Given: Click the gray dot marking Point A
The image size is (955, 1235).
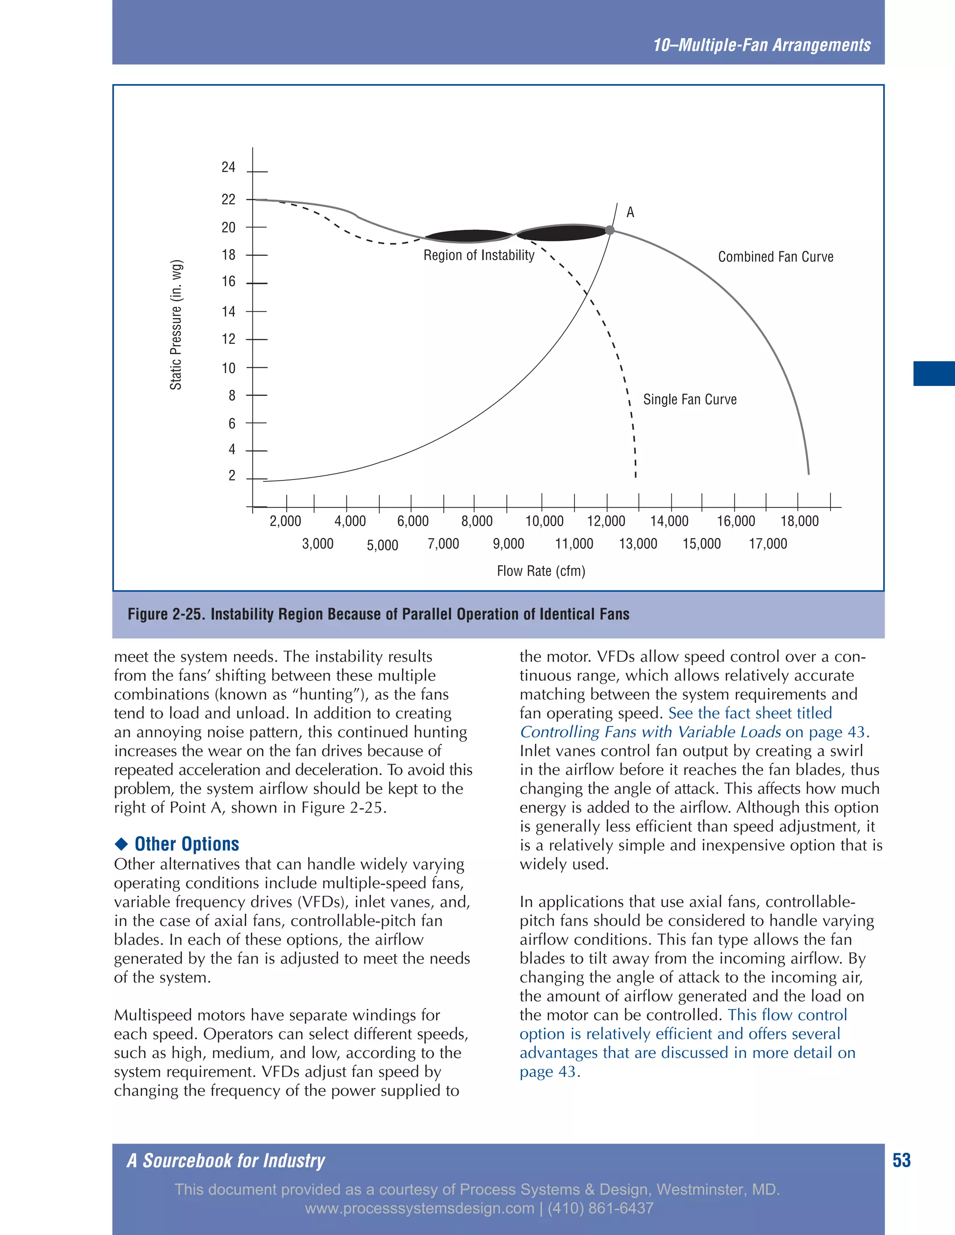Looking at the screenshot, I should click(610, 230).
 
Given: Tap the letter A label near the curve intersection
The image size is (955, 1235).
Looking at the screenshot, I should click(630, 213).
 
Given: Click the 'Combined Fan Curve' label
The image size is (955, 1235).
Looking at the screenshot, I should click(775, 257).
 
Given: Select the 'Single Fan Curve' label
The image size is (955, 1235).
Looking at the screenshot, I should click(690, 400).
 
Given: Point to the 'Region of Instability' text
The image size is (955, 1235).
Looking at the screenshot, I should click(478, 255).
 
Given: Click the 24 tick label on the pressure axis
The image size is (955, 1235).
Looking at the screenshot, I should click(228, 167).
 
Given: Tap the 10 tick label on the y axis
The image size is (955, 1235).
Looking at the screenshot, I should click(228, 369).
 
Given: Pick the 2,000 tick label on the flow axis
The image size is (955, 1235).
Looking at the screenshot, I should click(285, 521).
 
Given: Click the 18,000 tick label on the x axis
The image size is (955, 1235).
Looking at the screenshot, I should click(799, 521).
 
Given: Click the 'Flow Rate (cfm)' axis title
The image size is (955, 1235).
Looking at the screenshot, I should click(541, 571).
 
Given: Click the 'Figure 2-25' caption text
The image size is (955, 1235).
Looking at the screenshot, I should click(378, 614).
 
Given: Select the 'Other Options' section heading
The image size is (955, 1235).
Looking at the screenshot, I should click(187, 844).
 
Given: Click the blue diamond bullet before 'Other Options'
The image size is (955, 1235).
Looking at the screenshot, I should click(121, 844).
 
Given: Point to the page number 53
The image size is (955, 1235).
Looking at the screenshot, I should click(901, 1160).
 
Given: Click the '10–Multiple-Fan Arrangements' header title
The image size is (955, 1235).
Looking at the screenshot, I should click(761, 45).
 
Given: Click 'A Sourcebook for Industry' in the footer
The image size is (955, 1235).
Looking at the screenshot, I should click(226, 1161).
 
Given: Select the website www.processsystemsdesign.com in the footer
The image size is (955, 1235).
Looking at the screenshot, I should click(419, 1208).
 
